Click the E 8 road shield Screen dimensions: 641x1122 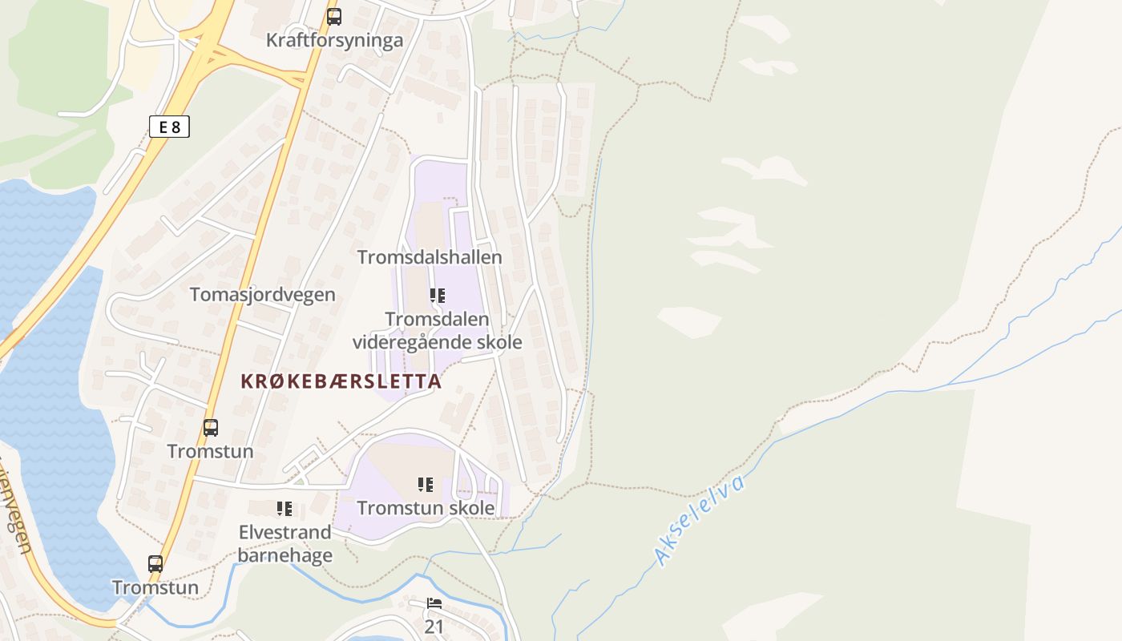pos(169,126)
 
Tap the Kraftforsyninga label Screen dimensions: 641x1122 pos(334,40)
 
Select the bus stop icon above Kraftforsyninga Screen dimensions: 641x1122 pos(333,16)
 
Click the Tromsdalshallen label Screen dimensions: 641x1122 pos(430,257)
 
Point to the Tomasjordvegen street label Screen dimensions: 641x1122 pos(262,294)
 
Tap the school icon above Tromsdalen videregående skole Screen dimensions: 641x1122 pos(437,296)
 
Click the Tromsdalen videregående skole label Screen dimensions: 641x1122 pos(437,331)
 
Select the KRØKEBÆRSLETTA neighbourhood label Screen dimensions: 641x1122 pos(341,381)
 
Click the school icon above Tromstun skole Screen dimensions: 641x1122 pos(426,484)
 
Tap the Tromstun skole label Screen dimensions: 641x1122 pos(426,508)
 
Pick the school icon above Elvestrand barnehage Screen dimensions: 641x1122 pos(285,509)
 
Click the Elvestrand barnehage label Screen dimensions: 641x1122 pos(285,544)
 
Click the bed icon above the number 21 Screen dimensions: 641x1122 pos(434,603)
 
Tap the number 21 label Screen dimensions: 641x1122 pos(434,626)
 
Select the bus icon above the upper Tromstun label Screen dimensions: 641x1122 pos(211,428)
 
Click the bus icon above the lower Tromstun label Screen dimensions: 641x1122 pos(155,564)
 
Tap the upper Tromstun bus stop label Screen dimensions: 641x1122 pos(210,451)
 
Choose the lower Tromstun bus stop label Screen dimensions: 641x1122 pos(155,587)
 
